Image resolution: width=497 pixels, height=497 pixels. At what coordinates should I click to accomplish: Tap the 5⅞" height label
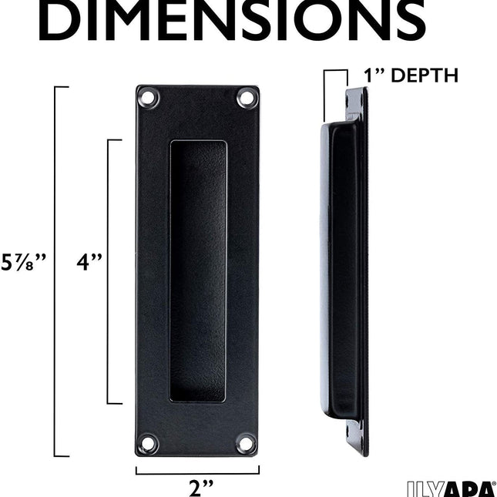pos(25,262)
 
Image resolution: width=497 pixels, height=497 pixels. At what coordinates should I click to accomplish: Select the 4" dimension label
pos(89,262)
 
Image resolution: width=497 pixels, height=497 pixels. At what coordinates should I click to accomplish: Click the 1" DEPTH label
pos(411,76)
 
